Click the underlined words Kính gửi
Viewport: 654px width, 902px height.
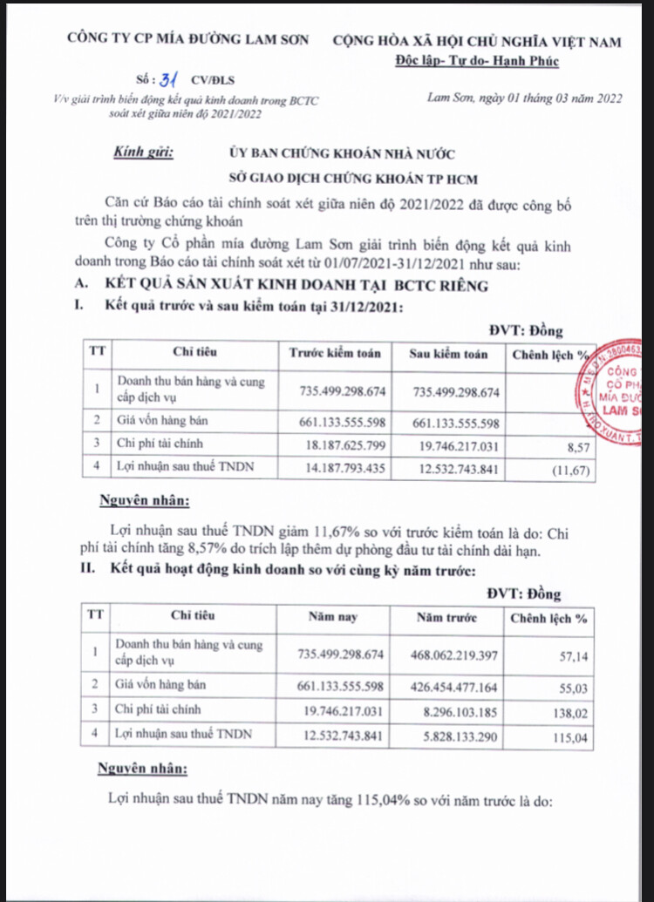(144, 153)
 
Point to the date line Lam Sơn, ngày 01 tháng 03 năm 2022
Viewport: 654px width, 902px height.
(524, 98)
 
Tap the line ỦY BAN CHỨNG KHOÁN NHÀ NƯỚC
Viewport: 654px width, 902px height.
(341, 154)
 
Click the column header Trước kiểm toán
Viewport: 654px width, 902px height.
(336, 354)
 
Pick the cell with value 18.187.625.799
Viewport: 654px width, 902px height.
(340, 444)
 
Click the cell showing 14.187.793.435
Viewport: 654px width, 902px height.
(340, 469)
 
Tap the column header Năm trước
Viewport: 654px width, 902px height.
(446, 618)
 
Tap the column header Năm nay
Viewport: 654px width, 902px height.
(333, 618)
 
